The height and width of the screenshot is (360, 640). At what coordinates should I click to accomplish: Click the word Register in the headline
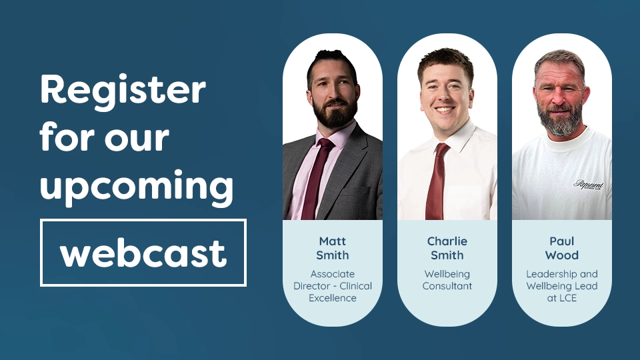pos(123,90)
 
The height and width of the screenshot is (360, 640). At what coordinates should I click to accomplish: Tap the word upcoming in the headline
pos(136,188)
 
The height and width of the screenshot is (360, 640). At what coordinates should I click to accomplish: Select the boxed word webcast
pos(143,253)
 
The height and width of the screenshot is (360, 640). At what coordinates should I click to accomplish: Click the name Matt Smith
pos(332,247)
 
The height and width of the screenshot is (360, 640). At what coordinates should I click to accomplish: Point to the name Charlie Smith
pos(447,247)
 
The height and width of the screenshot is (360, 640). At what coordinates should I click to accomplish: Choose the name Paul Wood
pos(561,247)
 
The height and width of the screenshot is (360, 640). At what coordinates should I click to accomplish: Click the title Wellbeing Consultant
pos(447,280)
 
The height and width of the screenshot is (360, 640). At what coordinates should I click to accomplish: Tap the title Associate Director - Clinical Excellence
pos(332,286)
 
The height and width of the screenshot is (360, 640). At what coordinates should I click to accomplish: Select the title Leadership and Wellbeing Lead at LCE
pos(561,286)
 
